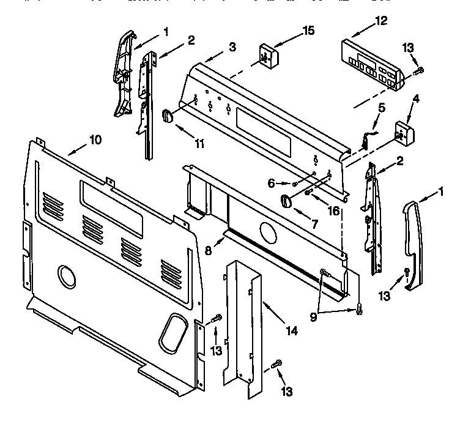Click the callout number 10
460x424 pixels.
point(95,139)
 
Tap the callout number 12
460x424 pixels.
point(381,21)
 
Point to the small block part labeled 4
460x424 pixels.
point(402,132)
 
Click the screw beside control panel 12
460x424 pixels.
point(419,72)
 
